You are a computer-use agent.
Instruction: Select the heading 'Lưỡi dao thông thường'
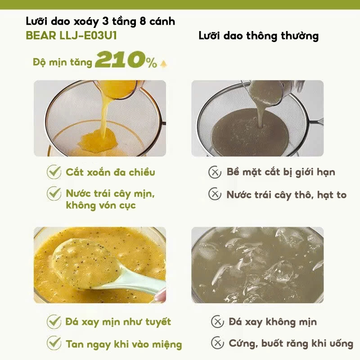click(258, 36)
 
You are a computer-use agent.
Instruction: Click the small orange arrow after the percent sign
click(164, 64)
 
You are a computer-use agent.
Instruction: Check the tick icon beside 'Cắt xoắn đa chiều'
click(54, 172)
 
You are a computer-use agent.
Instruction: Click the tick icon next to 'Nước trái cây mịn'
click(54, 193)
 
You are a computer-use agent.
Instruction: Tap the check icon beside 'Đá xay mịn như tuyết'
click(54, 322)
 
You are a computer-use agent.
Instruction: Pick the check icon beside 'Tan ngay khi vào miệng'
click(54, 343)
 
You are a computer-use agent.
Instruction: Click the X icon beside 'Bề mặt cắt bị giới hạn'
click(215, 172)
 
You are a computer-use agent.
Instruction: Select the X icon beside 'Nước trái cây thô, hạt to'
click(215, 194)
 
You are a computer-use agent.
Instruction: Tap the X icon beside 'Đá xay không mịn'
click(217, 322)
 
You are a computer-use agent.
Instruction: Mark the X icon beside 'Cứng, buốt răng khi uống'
click(217, 343)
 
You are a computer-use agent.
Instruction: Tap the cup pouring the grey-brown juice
click(266, 92)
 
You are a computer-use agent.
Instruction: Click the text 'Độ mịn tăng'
click(63, 62)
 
